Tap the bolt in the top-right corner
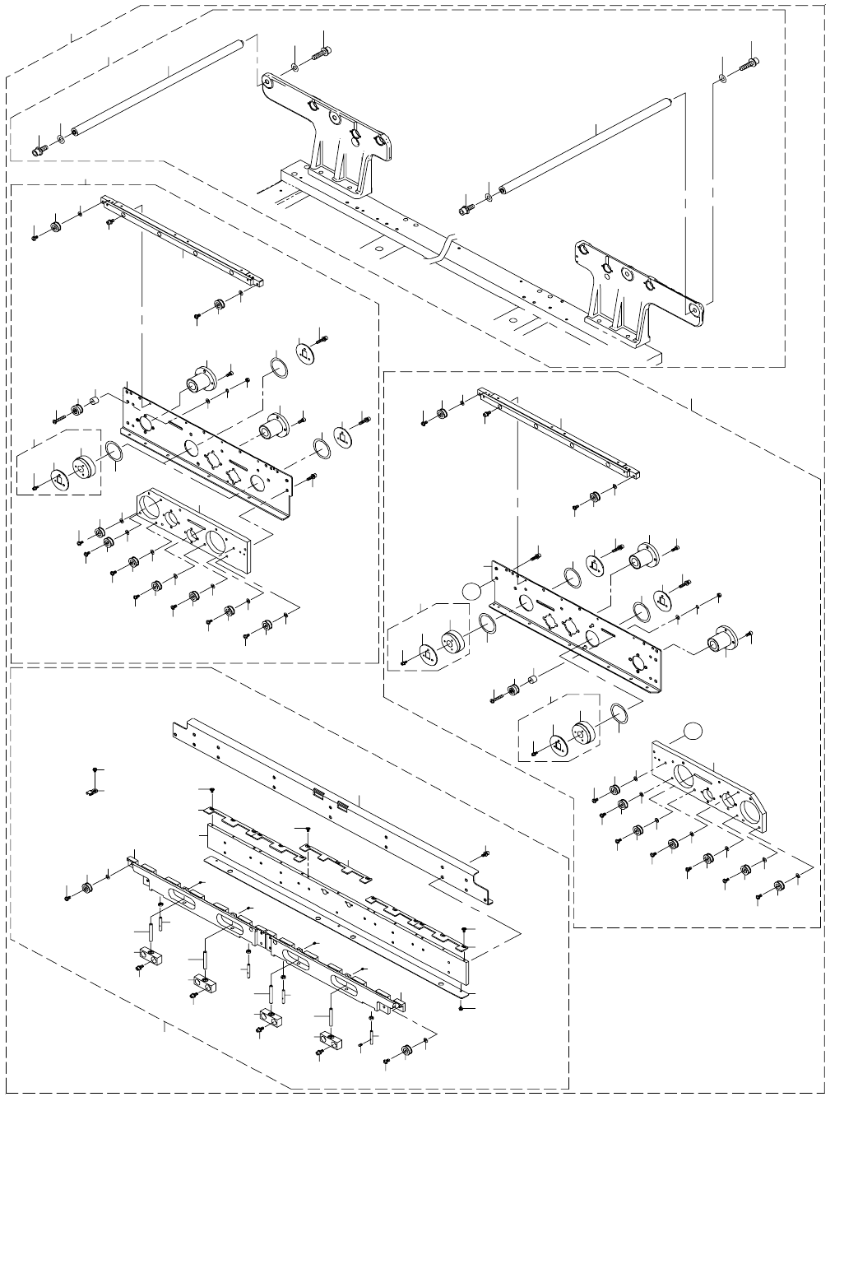[x=749, y=63]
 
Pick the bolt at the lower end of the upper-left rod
[x=38, y=151]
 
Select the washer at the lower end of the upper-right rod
[x=488, y=197]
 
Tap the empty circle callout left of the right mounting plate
[x=471, y=589]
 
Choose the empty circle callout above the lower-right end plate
[x=694, y=728]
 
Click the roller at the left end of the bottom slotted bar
[x=86, y=888]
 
